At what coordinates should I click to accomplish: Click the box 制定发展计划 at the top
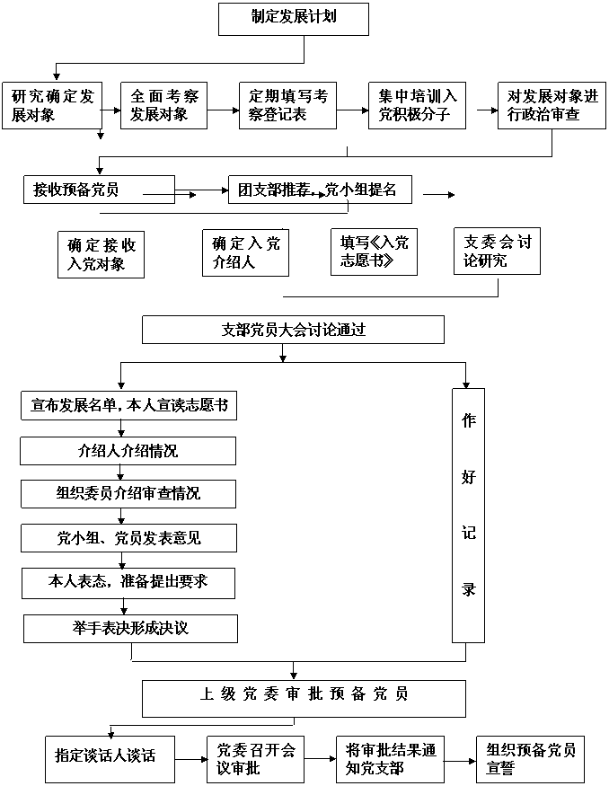click(x=294, y=18)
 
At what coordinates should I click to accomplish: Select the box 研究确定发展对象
click(x=52, y=105)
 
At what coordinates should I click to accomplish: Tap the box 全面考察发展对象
click(x=164, y=105)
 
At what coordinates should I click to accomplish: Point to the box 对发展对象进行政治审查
click(x=552, y=105)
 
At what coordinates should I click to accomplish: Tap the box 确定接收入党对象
click(x=101, y=254)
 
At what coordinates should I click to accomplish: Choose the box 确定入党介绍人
click(x=246, y=252)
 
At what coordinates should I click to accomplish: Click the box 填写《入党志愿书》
click(x=375, y=252)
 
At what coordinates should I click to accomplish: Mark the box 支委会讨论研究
click(x=497, y=251)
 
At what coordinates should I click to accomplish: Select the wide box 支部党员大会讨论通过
click(x=293, y=330)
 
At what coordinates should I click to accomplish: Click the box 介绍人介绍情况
click(x=128, y=451)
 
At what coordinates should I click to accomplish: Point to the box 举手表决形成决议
click(x=130, y=628)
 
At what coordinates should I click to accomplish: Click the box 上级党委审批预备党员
click(x=304, y=697)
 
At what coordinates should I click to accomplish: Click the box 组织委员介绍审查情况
click(x=128, y=494)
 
